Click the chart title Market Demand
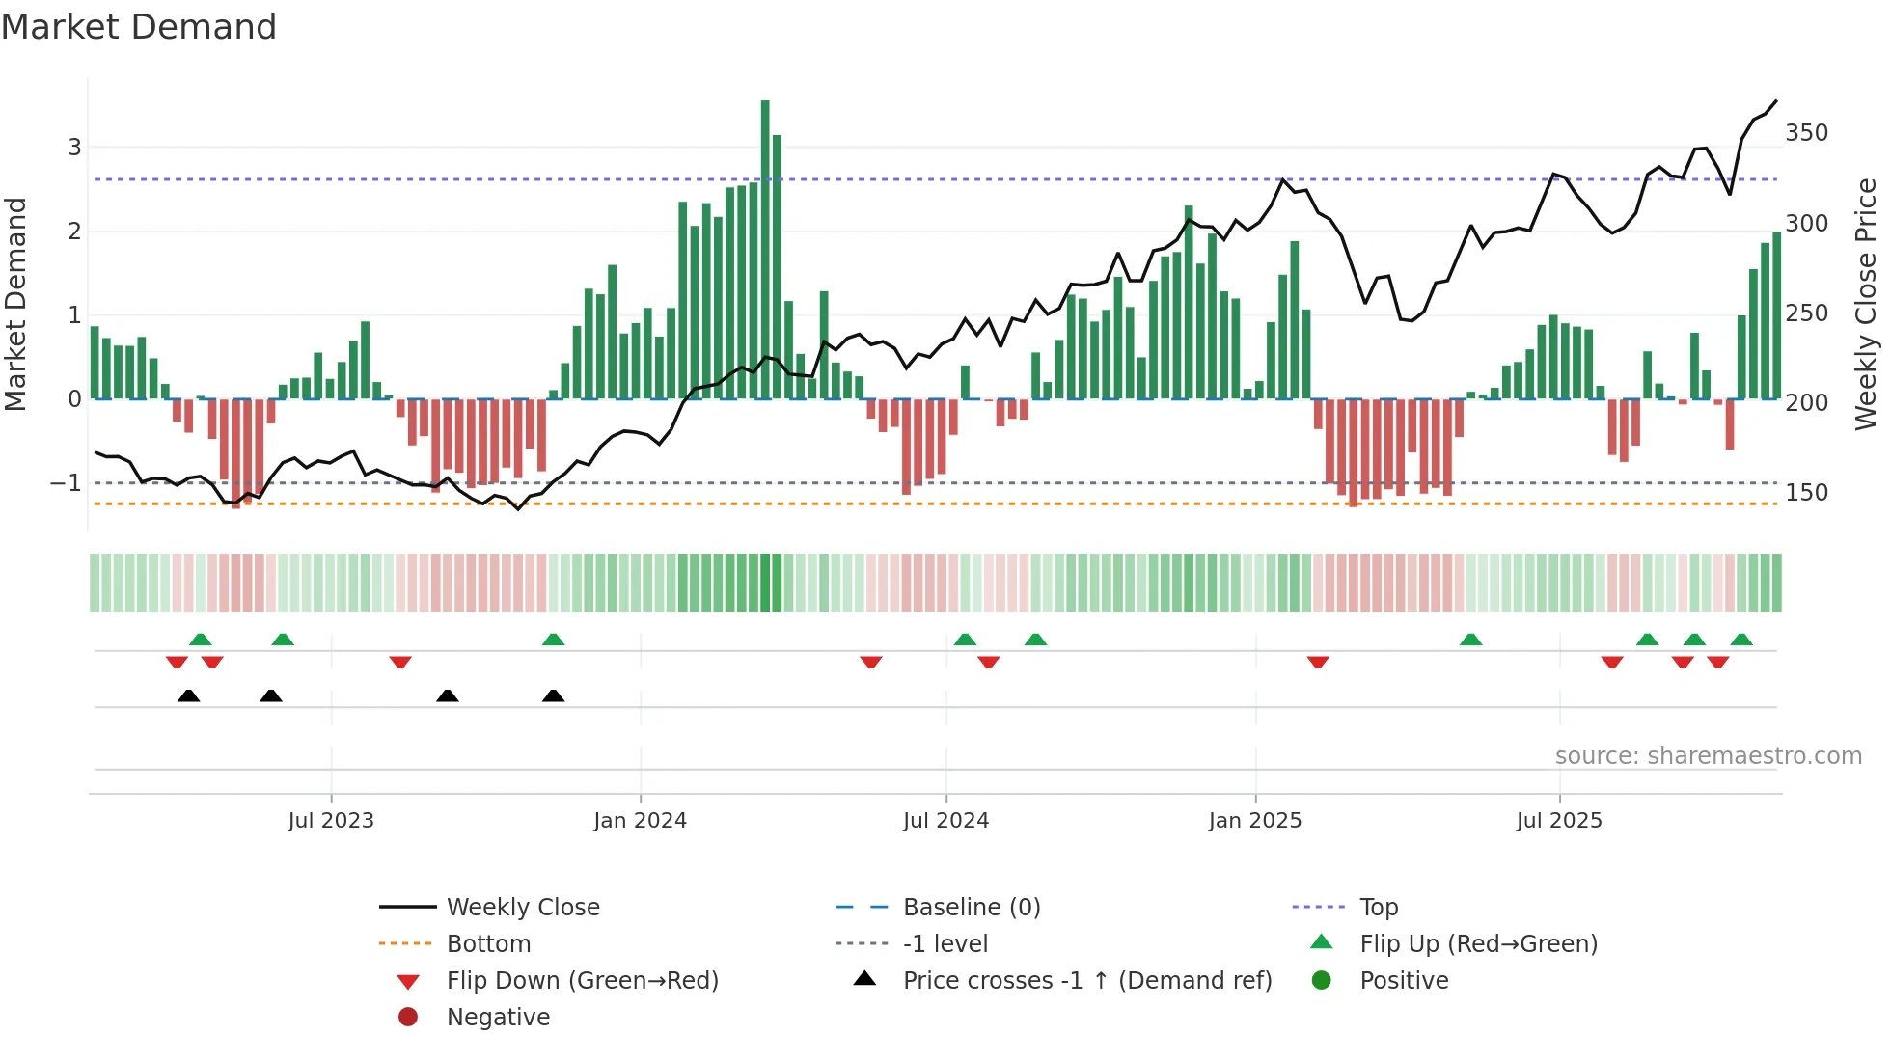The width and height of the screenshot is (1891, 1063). coord(139,27)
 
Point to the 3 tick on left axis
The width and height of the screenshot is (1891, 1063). coord(74,148)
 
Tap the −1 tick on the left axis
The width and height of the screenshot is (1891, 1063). coord(67,483)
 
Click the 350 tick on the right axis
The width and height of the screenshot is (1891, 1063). coord(1806,133)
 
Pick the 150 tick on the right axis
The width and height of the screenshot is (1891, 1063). coord(1806,493)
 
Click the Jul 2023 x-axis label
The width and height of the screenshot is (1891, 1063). coord(331,821)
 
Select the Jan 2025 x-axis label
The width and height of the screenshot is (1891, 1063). coord(1254,821)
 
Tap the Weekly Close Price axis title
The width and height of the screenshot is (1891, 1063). coord(1866,304)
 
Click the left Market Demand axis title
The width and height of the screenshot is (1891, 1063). coord(15,304)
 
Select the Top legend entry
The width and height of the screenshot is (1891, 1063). coord(1379,908)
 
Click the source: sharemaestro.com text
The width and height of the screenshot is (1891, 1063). coord(1708,756)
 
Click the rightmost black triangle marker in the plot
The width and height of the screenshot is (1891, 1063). coord(553,696)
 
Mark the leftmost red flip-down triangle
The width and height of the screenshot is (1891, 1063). coord(177,663)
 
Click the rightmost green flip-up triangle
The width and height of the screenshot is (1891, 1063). coord(1741,640)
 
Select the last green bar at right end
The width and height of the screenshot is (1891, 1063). coord(1776,315)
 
